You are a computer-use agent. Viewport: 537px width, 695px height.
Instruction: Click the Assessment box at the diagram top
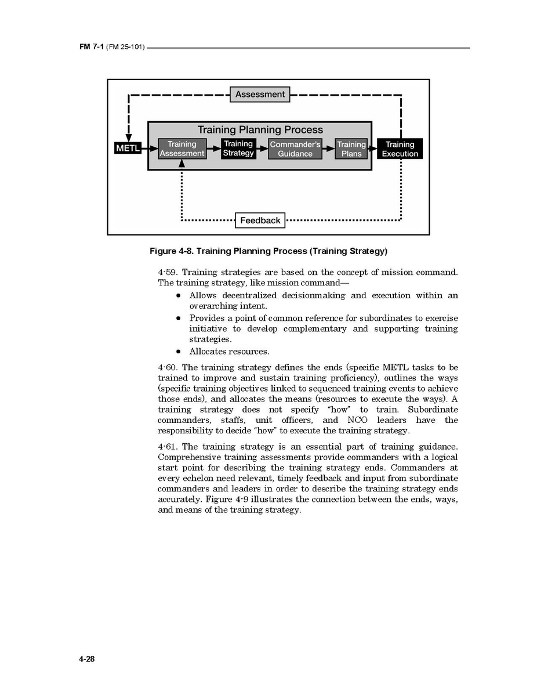click(260, 95)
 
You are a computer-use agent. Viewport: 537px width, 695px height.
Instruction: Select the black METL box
click(128, 149)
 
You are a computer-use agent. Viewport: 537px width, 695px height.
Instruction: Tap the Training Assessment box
click(182, 149)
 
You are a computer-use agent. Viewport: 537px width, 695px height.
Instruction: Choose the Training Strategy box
click(238, 149)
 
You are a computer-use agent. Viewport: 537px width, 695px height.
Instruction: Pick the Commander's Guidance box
click(295, 149)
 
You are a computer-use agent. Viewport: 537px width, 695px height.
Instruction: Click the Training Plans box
click(351, 149)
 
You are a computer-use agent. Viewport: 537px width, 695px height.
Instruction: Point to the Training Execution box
click(400, 149)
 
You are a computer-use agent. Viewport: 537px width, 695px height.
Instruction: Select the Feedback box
click(260, 220)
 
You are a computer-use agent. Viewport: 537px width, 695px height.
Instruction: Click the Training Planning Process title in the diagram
click(260, 130)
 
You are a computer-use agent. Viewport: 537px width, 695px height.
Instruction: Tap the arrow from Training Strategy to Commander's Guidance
click(262, 149)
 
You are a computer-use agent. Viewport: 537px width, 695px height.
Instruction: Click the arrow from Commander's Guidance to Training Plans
click(329, 149)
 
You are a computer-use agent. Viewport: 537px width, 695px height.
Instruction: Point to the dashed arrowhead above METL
click(129, 134)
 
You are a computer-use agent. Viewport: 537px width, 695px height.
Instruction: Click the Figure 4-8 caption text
click(268, 251)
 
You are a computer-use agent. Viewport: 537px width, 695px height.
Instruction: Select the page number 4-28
click(87, 660)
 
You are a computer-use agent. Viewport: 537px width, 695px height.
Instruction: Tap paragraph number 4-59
click(168, 272)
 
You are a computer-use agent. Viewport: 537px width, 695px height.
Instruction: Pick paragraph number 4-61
click(168, 447)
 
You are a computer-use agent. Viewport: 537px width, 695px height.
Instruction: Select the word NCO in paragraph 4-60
click(357, 420)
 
